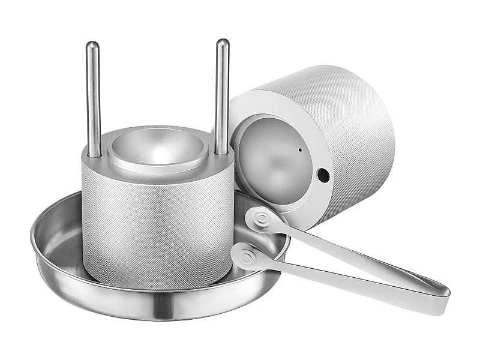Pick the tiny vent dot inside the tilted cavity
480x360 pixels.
(x=299, y=148)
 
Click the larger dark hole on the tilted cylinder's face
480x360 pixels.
(x=323, y=175)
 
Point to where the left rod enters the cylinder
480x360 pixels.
(x=94, y=155)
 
